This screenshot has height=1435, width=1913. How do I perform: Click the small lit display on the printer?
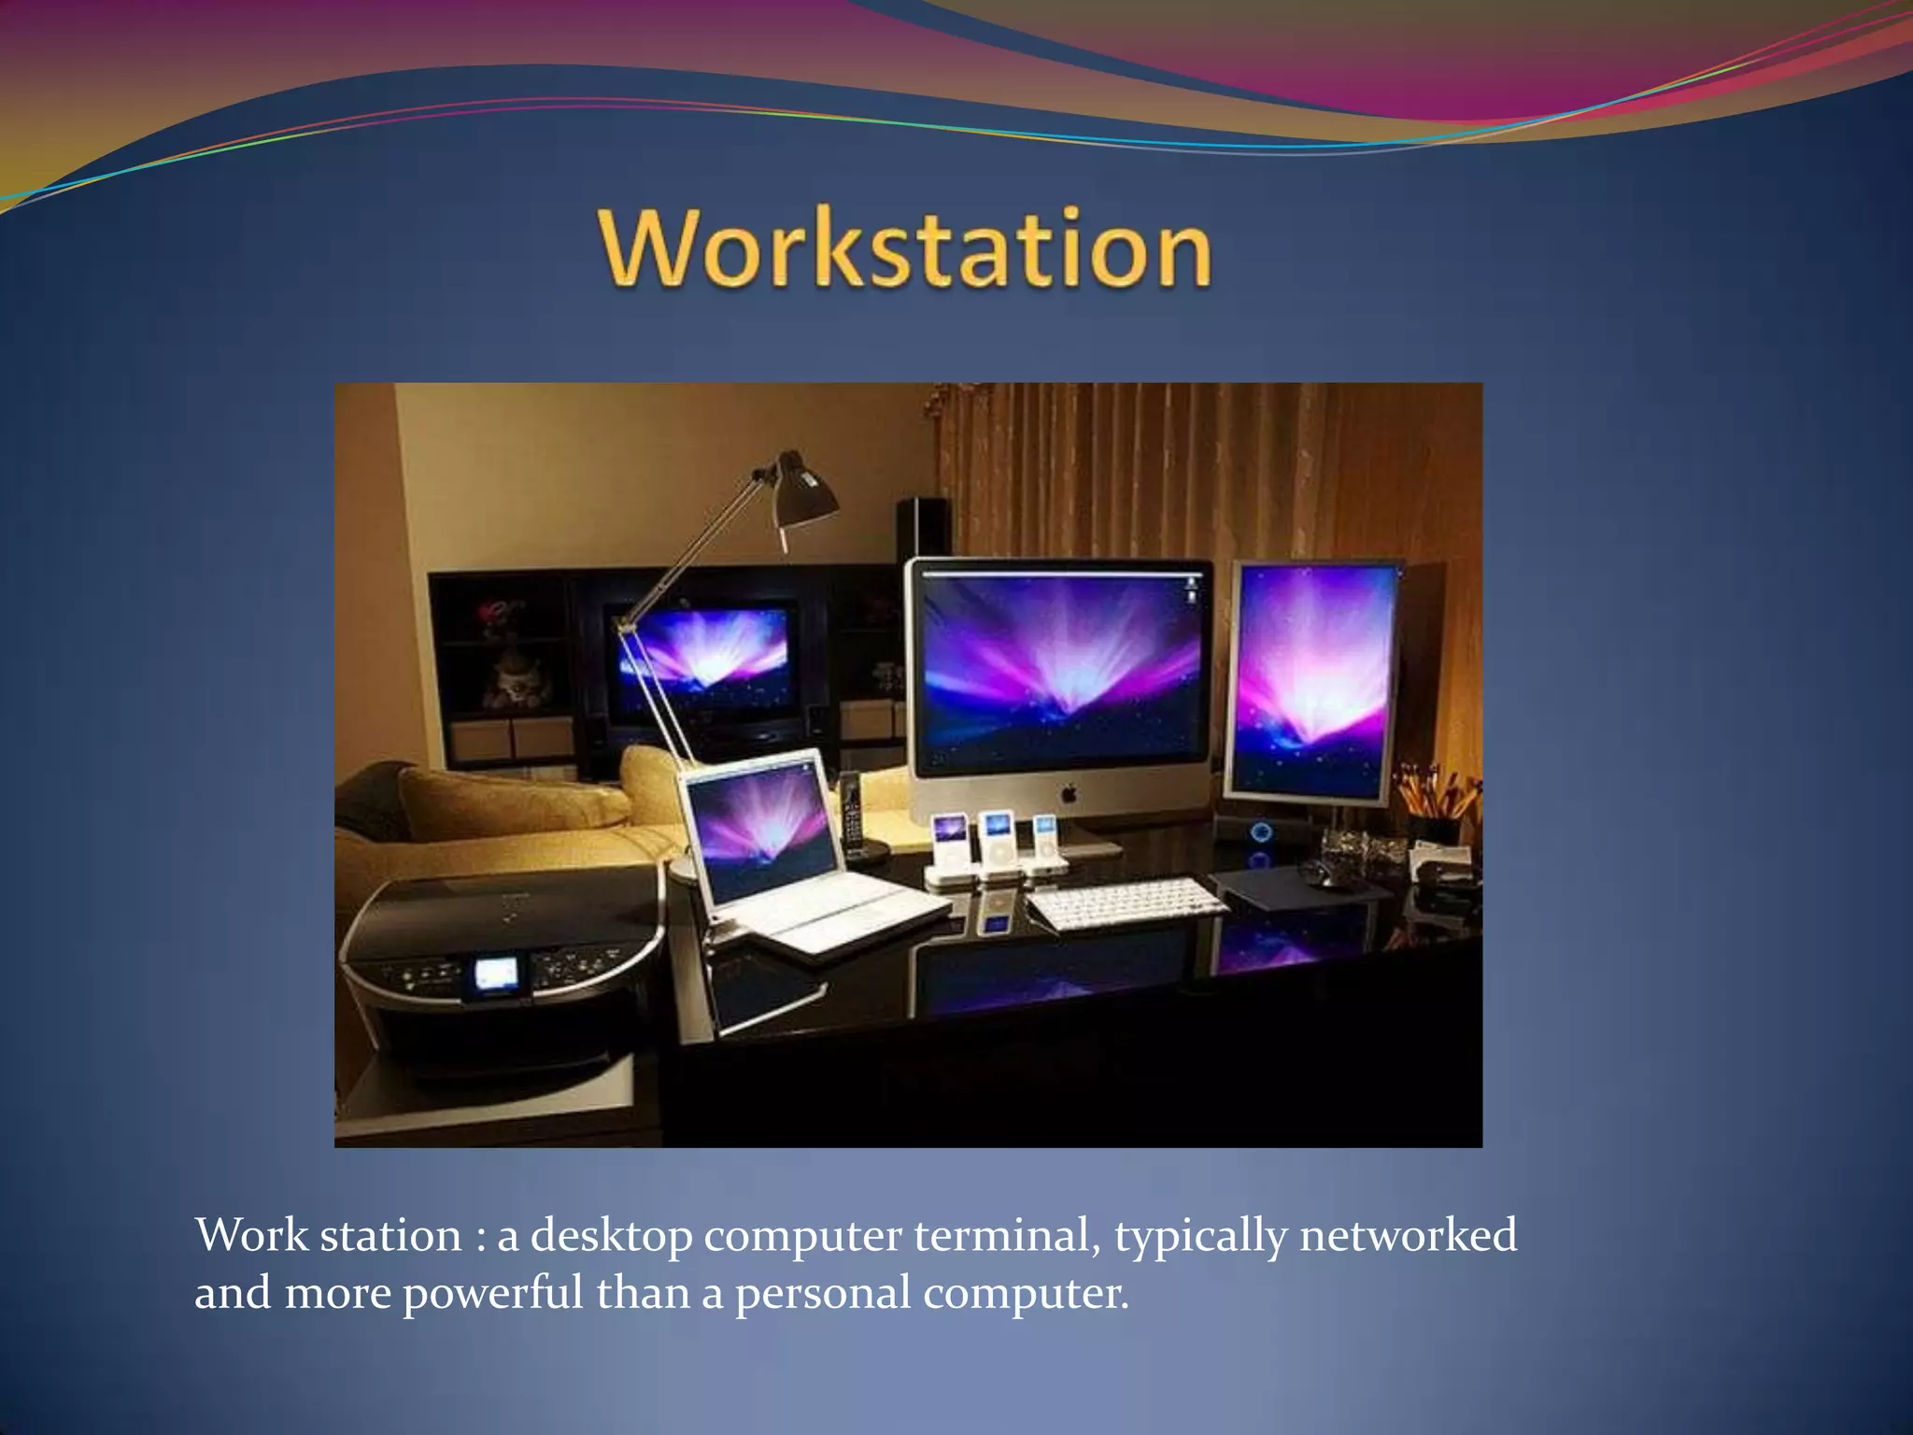click(496, 974)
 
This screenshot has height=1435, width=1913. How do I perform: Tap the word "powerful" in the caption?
click(492, 1294)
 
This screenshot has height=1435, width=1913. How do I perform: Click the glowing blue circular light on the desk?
click(1260, 831)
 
